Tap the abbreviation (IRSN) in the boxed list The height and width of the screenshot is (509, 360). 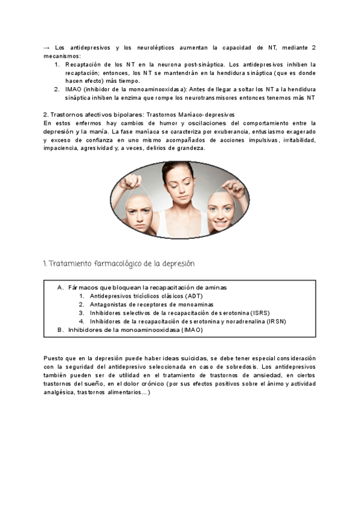click(x=275, y=321)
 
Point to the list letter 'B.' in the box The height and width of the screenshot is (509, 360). click(x=61, y=330)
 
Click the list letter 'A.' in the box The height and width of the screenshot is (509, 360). click(x=61, y=288)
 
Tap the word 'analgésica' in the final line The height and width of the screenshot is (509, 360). click(x=60, y=392)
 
